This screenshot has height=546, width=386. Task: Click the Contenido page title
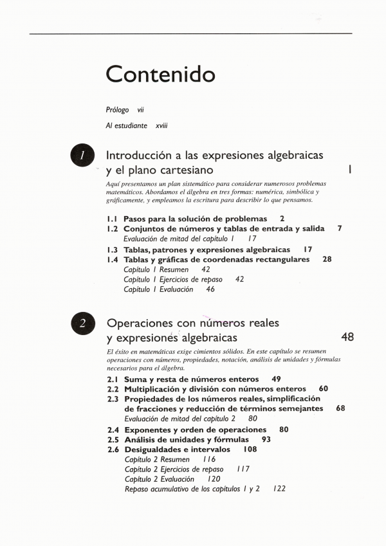click(x=160, y=74)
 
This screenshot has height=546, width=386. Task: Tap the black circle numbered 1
click(x=83, y=156)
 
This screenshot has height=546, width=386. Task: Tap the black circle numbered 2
click(x=83, y=323)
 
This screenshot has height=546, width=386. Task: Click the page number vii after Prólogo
click(x=140, y=110)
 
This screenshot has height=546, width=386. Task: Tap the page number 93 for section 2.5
click(x=266, y=439)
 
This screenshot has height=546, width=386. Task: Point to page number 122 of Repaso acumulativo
click(x=279, y=489)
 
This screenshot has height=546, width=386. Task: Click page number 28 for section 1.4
click(x=327, y=259)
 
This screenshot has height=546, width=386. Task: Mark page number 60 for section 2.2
click(x=323, y=389)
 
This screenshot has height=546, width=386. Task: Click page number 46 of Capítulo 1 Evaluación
click(x=210, y=289)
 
